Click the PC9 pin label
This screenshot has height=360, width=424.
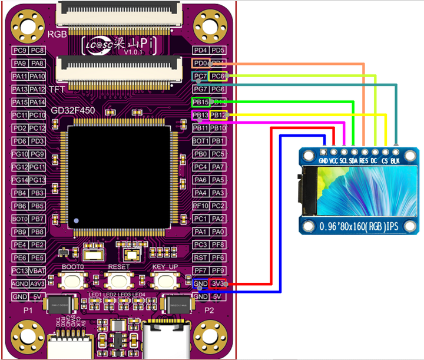click(21, 51)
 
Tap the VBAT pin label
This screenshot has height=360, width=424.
click(38, 270)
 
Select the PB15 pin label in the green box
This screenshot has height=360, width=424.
click(201, 103)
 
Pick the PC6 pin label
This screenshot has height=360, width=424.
click(218, 76)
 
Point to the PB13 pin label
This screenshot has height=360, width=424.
click(201, 115)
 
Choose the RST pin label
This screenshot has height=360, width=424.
click(201, 257)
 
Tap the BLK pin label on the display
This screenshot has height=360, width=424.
click(395, 160)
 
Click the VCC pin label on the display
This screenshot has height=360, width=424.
click(333, 160)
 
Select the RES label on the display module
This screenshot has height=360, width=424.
click(364, 160)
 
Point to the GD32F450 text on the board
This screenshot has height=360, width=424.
click(74, 110)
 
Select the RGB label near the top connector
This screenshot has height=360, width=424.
click(57, 35)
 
